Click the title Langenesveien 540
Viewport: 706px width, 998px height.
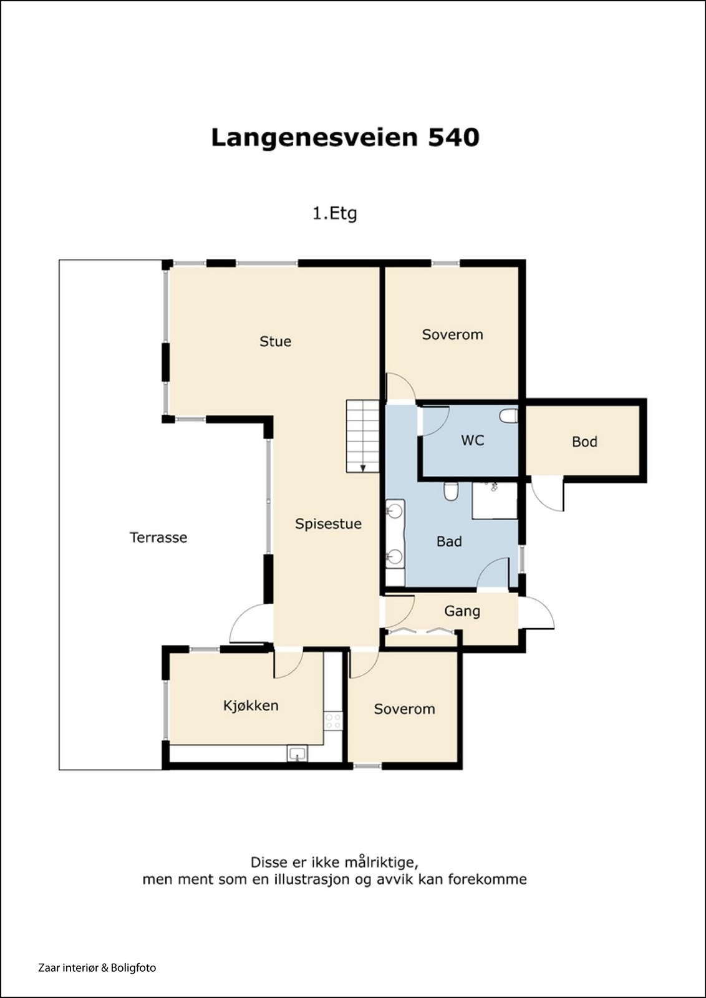346,138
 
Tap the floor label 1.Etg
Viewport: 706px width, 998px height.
334,214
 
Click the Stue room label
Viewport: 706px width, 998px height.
275,342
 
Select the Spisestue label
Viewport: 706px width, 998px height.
328,524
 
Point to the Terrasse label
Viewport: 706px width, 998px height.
158,537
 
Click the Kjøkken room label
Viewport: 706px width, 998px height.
251,705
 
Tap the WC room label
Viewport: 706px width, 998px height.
473,440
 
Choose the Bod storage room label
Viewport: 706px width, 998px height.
584,442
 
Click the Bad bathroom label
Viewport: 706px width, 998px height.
449,542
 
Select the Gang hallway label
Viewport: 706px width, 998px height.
462,611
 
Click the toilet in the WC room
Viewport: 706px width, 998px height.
509,417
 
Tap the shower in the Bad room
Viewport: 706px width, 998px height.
495,501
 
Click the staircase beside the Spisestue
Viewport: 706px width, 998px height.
363,436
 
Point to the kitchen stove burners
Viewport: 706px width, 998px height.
333,721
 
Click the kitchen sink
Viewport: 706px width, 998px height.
297,754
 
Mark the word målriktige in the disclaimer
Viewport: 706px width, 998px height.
381,863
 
